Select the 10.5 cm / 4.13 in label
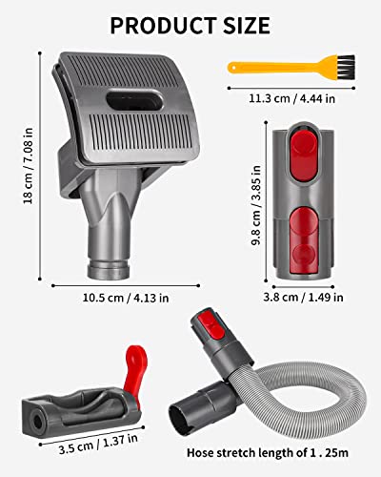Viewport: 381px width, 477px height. (124, 297)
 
